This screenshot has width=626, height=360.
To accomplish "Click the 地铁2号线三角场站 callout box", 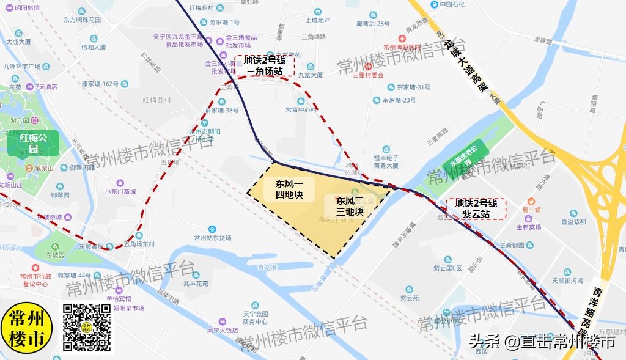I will point(264,65).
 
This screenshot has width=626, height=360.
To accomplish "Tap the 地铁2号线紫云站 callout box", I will point(476,209).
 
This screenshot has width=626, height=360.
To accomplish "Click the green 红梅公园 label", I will point(33,144).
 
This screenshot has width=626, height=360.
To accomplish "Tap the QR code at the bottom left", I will point(87,328).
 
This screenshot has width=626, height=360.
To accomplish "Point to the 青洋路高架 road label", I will point(605,312).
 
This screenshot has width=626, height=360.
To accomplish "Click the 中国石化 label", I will point(453,5).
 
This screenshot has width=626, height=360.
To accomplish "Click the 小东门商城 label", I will point(120,191).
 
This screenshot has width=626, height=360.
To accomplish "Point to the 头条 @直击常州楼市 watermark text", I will point(542,342).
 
